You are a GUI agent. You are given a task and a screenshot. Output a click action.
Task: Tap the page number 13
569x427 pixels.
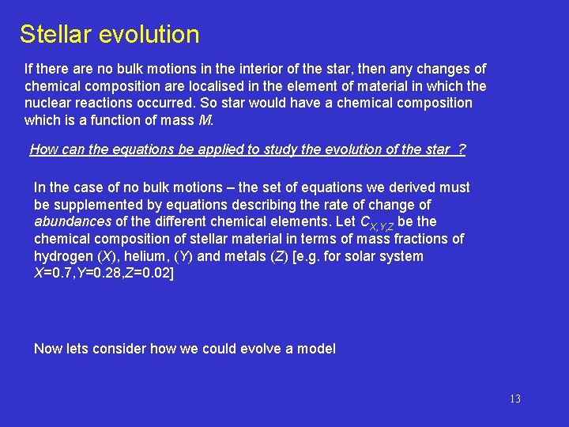coord(514,399)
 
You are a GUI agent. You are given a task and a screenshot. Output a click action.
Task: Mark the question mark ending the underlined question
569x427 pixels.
coord(462,149)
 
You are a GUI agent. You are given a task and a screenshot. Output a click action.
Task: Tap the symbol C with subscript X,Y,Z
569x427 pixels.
coord(375,223)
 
